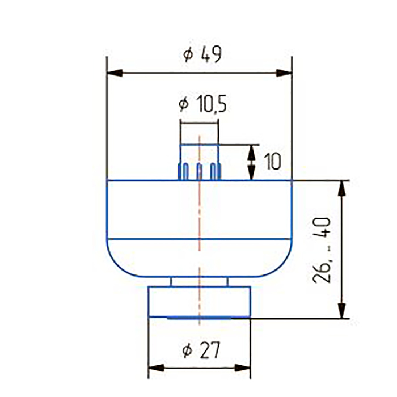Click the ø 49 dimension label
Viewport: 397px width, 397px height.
(x=202, y=54)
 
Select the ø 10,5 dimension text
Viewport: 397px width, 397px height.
(x=202, y=104)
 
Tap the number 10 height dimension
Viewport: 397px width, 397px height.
(x=272, y=162)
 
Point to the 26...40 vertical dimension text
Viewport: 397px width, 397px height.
(x=322, y=251)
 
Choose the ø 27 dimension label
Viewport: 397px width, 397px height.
(x=201, y=350)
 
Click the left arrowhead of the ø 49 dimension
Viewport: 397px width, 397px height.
(x=115, y=73)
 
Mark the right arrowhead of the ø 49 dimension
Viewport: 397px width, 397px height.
(x=284, y=73)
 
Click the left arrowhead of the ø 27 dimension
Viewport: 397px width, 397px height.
(x=156, y=368)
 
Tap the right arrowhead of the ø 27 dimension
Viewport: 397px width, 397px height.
(x=243, y=368)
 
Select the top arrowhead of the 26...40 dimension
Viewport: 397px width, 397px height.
(x=342, y=189)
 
